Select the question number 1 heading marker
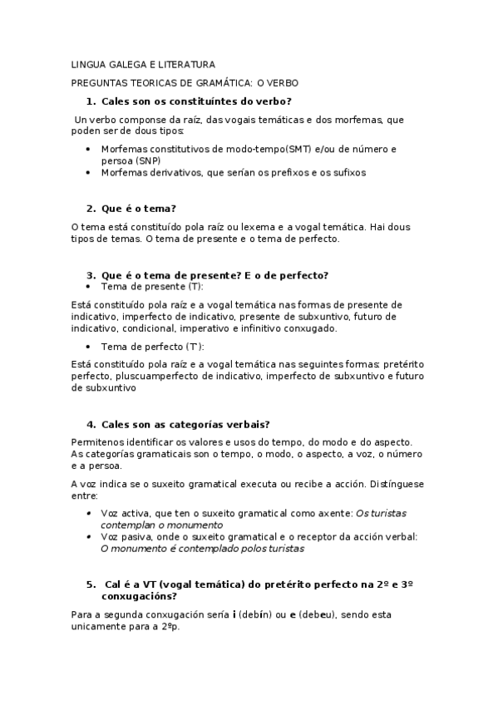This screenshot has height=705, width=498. [91, 101]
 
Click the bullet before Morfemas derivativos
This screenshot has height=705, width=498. [90, 172]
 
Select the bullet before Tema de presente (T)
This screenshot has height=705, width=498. [90, 287]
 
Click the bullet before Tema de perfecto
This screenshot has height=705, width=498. [90, 346]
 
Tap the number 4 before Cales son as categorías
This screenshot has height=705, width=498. [91, 423]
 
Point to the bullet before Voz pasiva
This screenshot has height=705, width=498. [90, 537]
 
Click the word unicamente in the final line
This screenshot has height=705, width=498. [98, 627]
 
